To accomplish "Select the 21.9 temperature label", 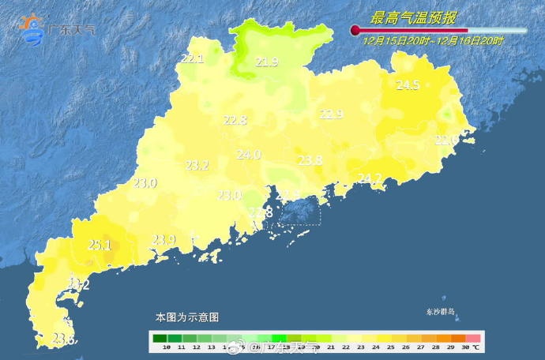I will [x=266, y=62].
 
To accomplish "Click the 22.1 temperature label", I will [x=192, y=58].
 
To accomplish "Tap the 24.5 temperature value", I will [x=408, y=85].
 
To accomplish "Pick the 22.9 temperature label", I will [x=331, y=114].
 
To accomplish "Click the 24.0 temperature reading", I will [x=248, y=155].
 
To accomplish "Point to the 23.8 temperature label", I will [x=310, y=160].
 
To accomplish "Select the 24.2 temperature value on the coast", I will [x=370, y=178].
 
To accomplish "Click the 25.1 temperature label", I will [x=99, y=245].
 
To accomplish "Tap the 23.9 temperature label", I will [x=163, y=240].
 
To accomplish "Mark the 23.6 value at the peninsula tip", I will [x=63, y=339].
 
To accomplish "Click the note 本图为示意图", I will [x=186, y=317].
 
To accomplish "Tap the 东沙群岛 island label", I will [x=441, y=313].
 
